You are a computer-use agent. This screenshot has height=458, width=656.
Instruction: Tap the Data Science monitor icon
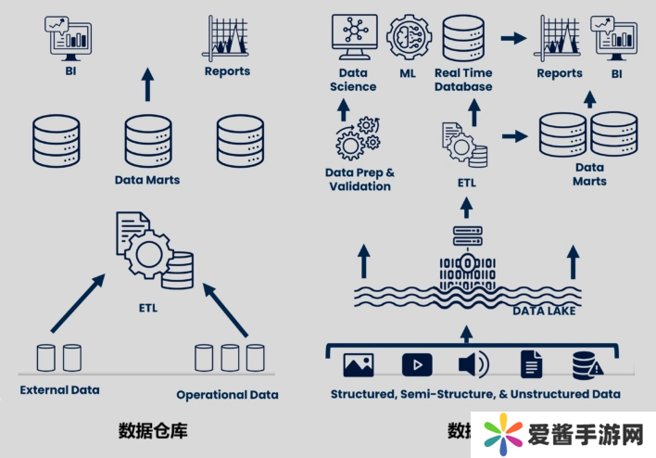tap(353, 34)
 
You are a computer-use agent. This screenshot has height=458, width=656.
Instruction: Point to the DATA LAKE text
tap(544, 311)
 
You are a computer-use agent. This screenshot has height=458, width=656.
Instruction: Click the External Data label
tap(59, 390)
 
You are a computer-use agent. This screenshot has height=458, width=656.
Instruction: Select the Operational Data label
tap(227, 394)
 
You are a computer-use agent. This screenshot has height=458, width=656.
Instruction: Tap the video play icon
tap(417, 364)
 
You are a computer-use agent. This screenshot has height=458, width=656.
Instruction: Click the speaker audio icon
tap(473, 364)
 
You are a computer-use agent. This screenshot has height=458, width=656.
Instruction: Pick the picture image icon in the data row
tap(359, 364)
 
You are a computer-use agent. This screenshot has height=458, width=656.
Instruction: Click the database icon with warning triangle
tap(587, 364)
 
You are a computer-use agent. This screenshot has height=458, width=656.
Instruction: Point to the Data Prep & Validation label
tap(360, 179)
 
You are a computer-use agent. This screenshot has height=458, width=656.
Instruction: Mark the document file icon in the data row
tap(531, 364)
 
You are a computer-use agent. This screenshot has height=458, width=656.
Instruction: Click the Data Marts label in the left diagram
tap(147, 180)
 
